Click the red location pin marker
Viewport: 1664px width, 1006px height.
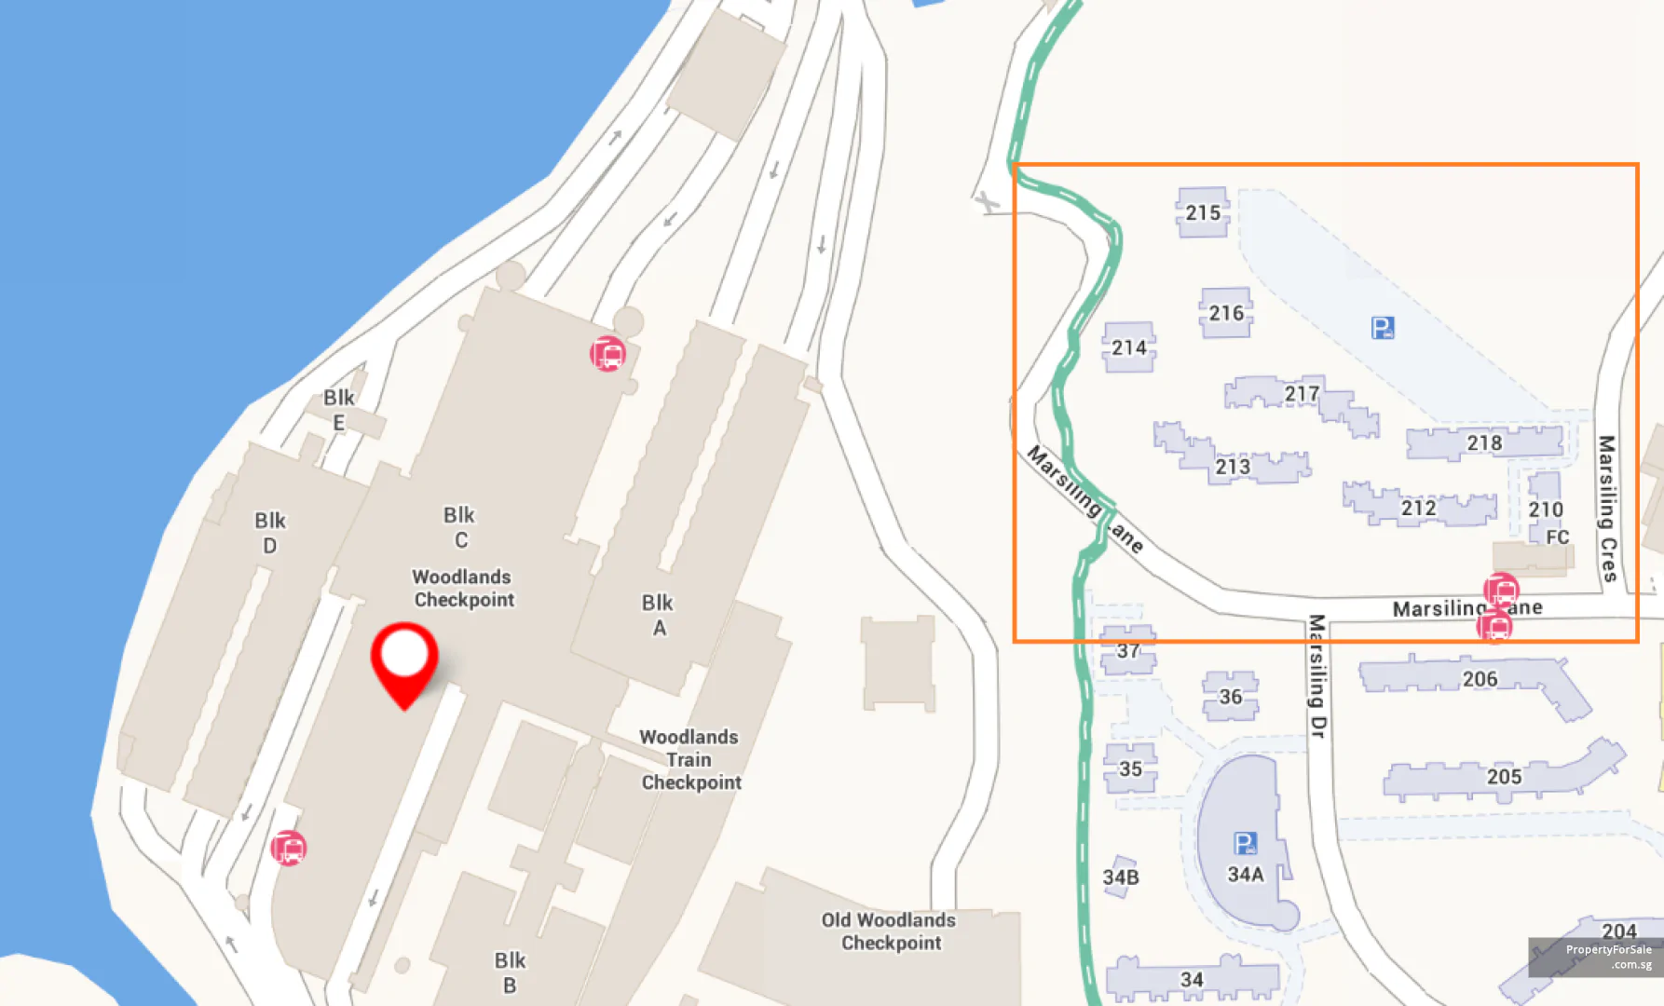(x=404, y=659)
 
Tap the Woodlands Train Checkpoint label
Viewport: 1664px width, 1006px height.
(x=690, y=759)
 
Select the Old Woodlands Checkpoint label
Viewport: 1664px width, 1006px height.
(x=890, y=931)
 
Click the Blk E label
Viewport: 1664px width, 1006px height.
(x=338, y=410)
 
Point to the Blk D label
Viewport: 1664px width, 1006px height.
(x=270, y=533)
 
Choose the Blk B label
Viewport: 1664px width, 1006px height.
(x=510, y=972)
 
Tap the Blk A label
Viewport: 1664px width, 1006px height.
(x=658, y=615)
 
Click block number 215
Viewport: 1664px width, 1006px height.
(x=1203, y=213)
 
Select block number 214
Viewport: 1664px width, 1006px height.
(x=1129, y=347)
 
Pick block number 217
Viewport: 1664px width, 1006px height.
(x=1302, y=394)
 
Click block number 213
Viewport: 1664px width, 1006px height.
(x=1233, y=466)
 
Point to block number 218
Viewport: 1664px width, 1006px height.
(x=1484, y=442)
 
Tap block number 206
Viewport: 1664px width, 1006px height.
(x=1480, y=679)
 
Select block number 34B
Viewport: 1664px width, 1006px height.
(x=1121, y=877)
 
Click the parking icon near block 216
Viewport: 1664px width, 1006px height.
(x=1383, y=328)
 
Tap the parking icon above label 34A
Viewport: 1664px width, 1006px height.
(x=1246, y=843)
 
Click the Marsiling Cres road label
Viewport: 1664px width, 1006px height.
(x=1607, y=508)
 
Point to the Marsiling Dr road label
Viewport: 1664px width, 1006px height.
(x=1316, y=675)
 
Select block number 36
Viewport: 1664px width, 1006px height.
(x=1231, y=697)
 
